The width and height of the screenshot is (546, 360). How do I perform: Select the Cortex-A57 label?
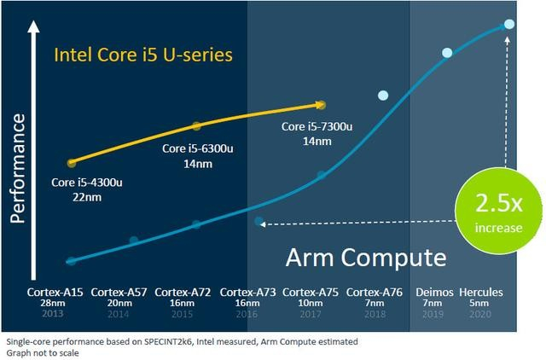[x=119, y=293]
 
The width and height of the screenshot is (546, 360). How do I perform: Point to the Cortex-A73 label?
[x=247, y=293]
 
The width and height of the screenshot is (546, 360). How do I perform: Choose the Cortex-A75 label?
[x=311, y=293]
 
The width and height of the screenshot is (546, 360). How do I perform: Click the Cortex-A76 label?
[x=375, y=293]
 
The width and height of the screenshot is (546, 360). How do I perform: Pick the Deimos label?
[x=433, y=293]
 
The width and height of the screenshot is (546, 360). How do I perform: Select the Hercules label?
[x=481, y=293]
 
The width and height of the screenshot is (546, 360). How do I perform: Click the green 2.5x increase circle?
[x=489, y=212]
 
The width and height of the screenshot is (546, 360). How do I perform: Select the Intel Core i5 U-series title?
[x=143, y=55]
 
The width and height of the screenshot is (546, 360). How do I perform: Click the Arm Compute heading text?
[x=365, y=257]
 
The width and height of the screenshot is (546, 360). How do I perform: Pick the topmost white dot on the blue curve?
[x=509, y=23]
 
